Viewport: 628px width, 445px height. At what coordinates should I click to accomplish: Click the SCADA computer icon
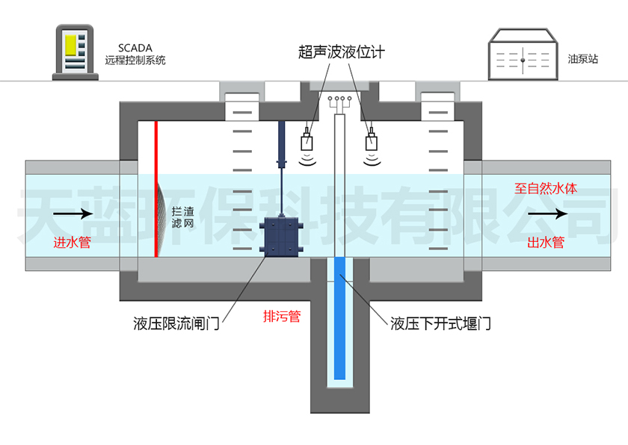(76, 52)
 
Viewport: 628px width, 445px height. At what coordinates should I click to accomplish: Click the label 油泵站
(582, 57)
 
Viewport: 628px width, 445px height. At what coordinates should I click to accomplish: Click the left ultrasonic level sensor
(307, 141)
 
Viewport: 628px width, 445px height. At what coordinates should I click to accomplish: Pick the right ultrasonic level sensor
(372, 141)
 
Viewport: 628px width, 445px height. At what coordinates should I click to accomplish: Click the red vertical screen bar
(156, 187)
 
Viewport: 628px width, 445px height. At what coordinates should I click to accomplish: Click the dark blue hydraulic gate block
(282, 238)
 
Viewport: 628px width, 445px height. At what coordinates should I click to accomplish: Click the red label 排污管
(282, 316)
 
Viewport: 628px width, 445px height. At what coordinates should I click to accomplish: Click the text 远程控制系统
(135, 60)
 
